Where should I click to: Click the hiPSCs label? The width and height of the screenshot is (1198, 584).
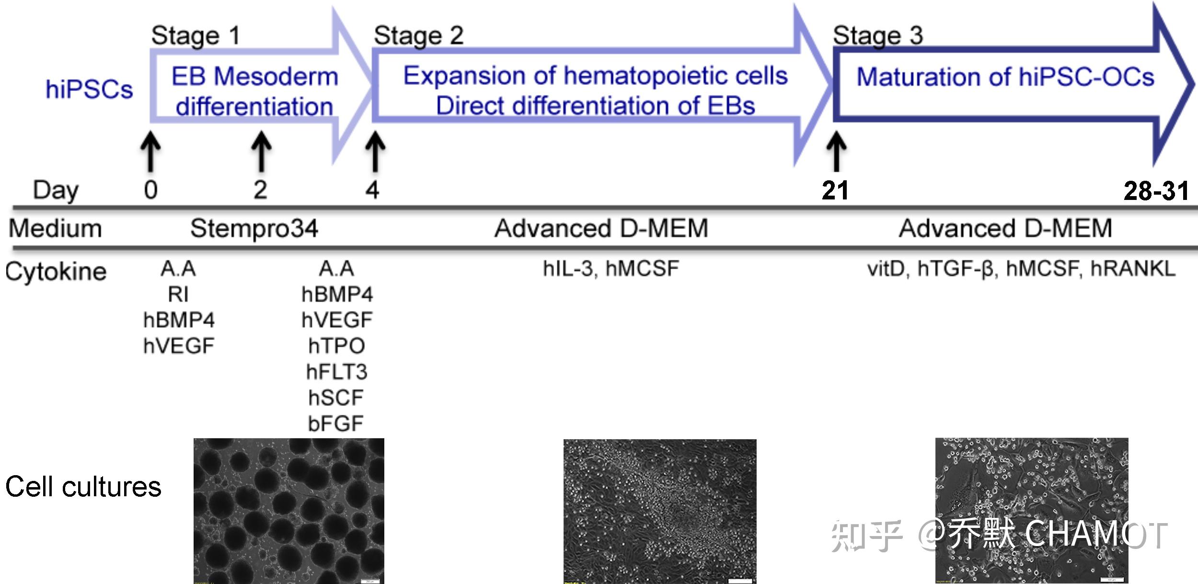tap(89, 89)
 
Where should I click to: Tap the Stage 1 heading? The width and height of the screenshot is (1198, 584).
tap(196, 35)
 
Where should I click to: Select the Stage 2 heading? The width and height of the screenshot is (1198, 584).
tap(418, 35)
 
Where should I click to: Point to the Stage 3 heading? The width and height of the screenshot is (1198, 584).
tap(877, 35)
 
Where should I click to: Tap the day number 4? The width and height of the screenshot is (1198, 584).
tap(372, 190)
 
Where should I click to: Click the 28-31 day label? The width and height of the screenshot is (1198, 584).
tap(1156, 191)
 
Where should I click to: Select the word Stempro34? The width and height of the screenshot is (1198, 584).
tap(254, 229)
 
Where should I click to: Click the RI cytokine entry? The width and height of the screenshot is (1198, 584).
tap(178, 294)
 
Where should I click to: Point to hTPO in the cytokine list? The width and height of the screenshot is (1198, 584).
tap(336, 346)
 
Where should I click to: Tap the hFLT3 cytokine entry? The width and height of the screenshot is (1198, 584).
tap(336, 372)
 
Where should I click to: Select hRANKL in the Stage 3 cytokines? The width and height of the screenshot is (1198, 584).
tap(1133, 269)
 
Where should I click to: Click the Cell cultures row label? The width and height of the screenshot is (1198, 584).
tap(83, 487)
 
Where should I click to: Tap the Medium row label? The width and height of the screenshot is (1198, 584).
tap(56, 228)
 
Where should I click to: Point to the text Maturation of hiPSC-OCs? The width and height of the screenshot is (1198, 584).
tap(1005, 77)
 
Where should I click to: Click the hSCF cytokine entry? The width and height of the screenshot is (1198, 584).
tap(336, 397)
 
